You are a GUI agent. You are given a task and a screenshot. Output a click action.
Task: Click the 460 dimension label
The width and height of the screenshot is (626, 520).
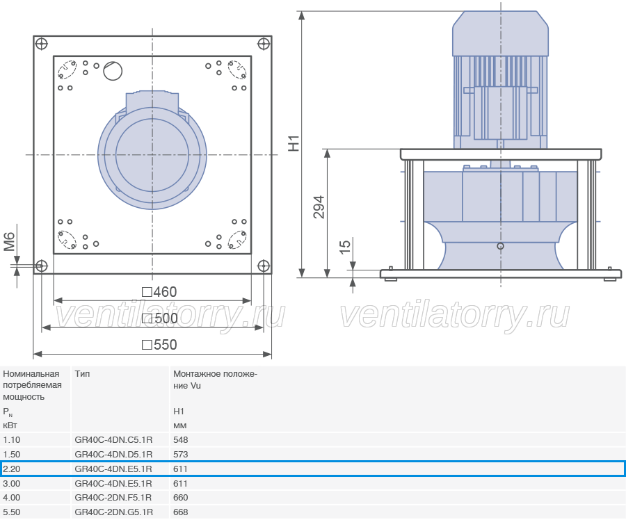159,292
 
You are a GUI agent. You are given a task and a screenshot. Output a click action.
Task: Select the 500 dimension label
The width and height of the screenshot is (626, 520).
160,318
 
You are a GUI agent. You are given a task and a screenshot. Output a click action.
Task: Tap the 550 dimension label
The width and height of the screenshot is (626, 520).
159,345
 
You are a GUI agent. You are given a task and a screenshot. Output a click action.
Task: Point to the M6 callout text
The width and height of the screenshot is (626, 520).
10,242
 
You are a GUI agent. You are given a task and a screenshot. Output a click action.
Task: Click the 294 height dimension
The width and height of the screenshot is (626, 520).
319,207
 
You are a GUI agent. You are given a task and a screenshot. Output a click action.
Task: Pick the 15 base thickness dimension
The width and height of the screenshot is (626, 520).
344,246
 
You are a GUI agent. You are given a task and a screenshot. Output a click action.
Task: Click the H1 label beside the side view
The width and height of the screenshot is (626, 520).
294,144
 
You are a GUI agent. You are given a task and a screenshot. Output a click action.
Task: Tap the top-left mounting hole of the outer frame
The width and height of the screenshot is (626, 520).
42,44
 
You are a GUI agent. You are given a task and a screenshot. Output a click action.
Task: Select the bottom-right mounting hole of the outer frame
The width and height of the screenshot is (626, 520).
264,266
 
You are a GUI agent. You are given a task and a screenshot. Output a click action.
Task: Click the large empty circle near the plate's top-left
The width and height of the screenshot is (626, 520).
113,71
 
